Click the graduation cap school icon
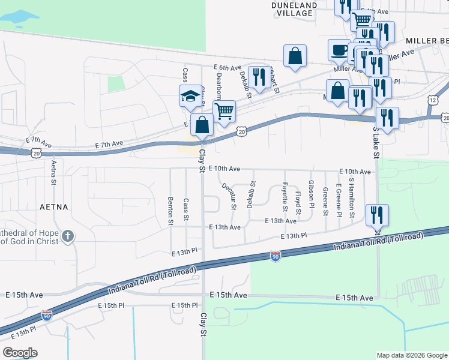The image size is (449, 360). pyautogui.click(x=190, y=96)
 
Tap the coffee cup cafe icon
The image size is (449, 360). pyautogui.click(x=339, y=49)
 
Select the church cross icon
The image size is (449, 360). pyautogui.click(x=68, y=235)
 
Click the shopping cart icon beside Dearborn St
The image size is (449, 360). pyautogui.click(x=223, y=110)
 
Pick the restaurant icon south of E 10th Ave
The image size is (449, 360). pyautogui.click(x=376, y=214)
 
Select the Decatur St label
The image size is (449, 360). pyautogui.click(x=229, y=196)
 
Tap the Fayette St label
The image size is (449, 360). pyautogui.click(x=283, y=197)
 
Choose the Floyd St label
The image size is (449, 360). pyautogui.click(x=298, y=202)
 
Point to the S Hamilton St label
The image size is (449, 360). pyautogui.click(x=352, y=197)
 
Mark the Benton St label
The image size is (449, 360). pyautogui.click(x=171, y=211)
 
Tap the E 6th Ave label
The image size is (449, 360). pyautogui.click(x=227, y=68)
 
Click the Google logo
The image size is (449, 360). pyautogui.click(x=20, y=353)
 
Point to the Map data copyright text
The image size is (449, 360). pyautogui.click(x=411, y=355)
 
